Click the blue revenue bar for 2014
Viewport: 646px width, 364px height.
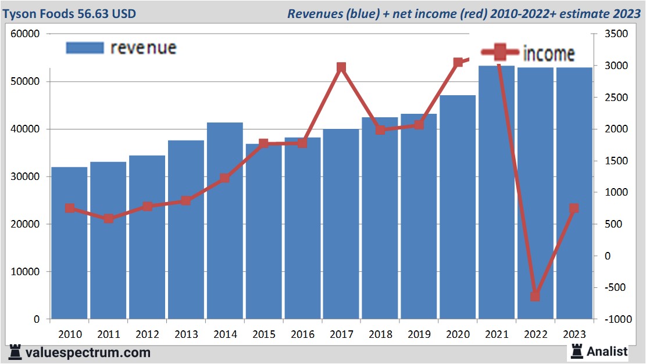[x=225, y=221]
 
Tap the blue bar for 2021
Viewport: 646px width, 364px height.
[x=496, y=192]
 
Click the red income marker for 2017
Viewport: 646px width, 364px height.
[x=341, y=68]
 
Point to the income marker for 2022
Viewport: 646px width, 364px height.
[x=535, y=296]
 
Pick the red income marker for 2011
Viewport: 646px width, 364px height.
[x=109, y=219]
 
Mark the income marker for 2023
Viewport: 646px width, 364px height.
[x=574, y=208]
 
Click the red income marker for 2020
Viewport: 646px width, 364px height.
[x=458, y=62]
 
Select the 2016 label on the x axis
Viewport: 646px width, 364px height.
[x=302, y=334]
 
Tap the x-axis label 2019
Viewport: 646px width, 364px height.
[x=419, y=334]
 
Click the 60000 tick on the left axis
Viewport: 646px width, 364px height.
[x=25, y=34]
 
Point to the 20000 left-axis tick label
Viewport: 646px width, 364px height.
[x=25, y=224]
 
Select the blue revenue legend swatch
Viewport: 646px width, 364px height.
[x=84, y=48]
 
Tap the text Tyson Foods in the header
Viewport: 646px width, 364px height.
[x=40, y=13]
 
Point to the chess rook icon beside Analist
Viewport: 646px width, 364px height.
[x=577, y=351]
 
